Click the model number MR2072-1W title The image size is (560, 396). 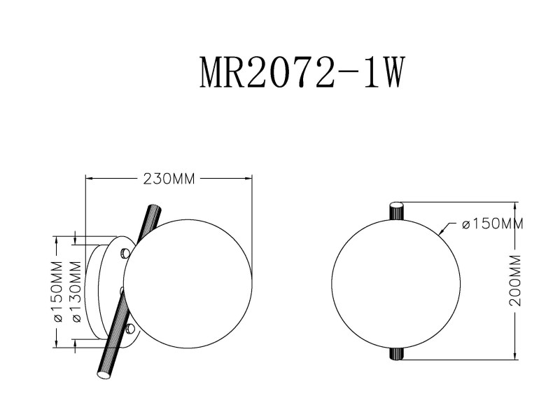301,71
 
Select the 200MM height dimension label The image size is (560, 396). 516,280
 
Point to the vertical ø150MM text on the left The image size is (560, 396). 57,292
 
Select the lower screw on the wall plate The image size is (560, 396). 129,327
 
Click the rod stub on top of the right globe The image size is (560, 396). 397,210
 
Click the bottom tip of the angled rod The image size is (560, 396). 104,375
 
